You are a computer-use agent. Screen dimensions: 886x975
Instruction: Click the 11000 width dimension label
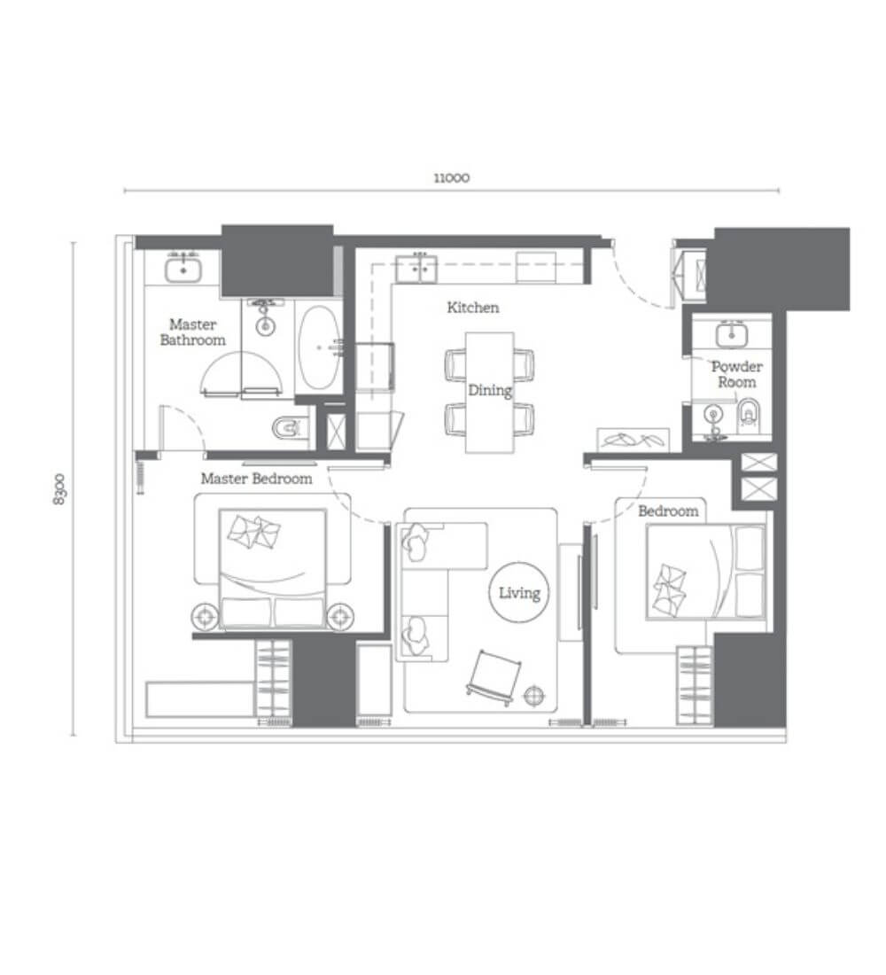[451, 178]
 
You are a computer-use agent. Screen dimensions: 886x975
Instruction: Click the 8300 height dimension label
[59, 488]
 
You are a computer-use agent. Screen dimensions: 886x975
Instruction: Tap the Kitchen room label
[472, 308]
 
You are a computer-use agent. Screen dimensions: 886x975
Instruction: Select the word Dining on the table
[490, 391]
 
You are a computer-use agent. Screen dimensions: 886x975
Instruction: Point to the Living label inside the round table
[520, 593]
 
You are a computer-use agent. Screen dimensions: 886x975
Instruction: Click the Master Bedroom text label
[256, 478]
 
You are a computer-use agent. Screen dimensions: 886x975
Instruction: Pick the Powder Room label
[737, 374]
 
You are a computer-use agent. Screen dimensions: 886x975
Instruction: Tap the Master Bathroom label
[193, 332]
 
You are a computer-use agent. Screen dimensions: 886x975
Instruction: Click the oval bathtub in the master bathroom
[319, 348]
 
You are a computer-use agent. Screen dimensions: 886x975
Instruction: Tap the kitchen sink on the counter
[416, 269]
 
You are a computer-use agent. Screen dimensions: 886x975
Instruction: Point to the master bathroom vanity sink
[183, 269]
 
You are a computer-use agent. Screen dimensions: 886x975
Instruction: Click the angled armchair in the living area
[494, 677]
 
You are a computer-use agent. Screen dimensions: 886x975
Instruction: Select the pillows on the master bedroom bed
[253, 533]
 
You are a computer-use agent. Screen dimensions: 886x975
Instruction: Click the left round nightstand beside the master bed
[205, 616]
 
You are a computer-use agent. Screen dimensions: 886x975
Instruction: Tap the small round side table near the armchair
[534, 695]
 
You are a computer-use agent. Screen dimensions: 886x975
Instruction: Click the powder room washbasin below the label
[714, 416]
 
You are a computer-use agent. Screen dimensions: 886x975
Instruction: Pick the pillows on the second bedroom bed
[669, 589]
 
